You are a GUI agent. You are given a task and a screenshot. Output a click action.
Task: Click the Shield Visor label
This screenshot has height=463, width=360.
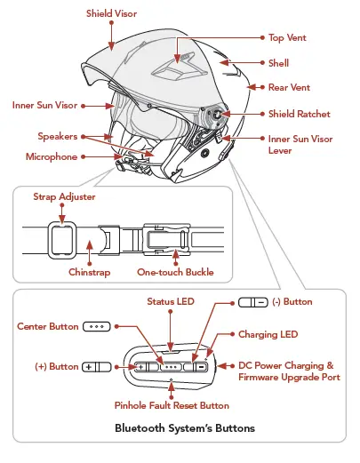point(112,14)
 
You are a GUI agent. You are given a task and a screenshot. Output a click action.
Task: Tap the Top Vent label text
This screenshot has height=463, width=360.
point(289,38)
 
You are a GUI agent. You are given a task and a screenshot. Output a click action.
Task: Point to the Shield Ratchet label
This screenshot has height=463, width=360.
point(300,114)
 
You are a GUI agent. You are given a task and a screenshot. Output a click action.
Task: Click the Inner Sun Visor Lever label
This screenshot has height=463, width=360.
point(302,145)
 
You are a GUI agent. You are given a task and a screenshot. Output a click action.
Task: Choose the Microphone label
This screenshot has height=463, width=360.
point(52,157)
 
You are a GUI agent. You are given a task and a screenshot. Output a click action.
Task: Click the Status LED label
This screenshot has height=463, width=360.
point(170,302)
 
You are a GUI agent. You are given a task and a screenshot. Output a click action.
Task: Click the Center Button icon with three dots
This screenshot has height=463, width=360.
point(96,327)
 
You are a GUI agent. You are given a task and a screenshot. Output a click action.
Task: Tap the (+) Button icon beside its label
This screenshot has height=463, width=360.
point(95,366)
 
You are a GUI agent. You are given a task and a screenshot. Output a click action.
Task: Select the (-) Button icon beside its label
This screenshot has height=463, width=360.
point(252,302)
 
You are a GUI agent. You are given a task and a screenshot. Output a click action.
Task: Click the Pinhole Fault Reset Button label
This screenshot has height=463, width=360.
point(172,405)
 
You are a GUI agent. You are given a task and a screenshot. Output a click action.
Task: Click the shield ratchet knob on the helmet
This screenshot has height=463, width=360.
point(214,115)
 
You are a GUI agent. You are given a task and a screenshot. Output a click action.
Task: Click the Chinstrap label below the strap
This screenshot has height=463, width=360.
point(90,272)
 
